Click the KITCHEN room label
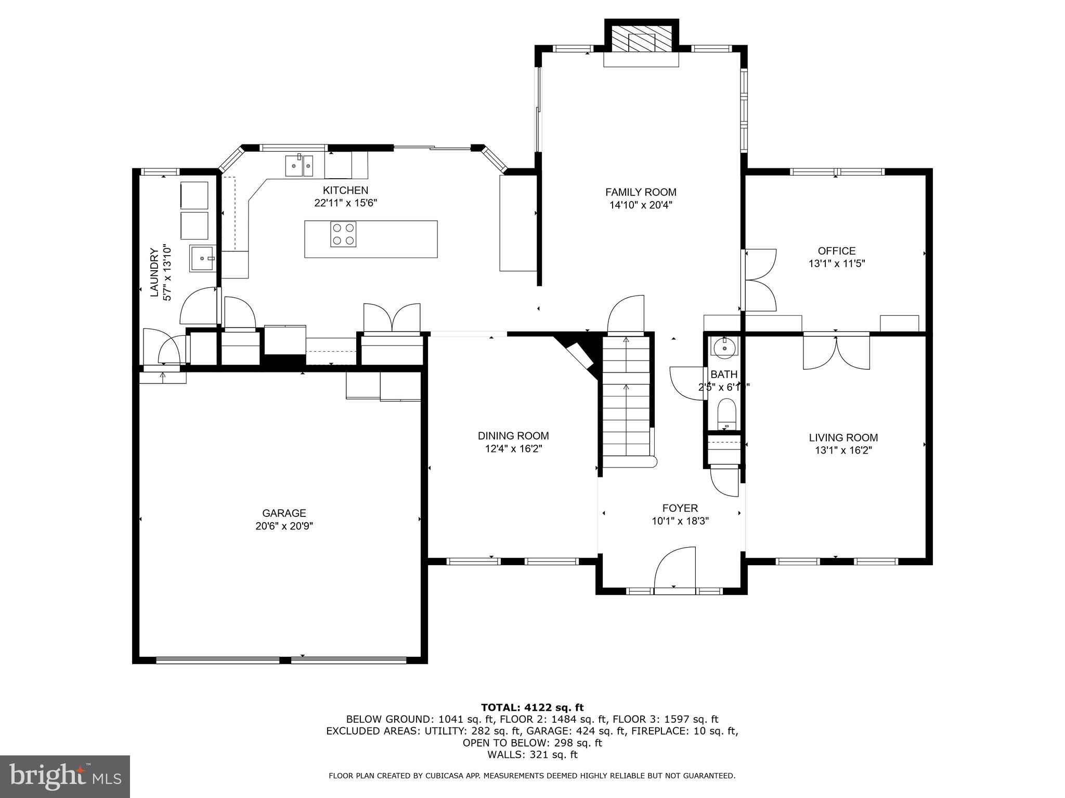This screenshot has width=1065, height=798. coord(345,190)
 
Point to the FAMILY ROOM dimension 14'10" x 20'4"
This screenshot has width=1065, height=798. coord(641,205)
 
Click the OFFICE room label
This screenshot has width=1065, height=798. coord(836,251)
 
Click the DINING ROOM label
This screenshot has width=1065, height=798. coord(513,436)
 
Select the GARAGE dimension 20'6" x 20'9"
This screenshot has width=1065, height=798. coord(284,526)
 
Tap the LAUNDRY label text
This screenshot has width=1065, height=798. coord(154,273)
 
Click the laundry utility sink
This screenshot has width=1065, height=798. coord(202,258)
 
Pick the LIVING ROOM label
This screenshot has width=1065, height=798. coord(843,438)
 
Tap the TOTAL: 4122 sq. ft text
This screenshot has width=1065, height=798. coord(532,708)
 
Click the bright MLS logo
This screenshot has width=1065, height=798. coord(65,777)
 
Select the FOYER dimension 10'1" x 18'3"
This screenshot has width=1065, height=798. coord(680,521)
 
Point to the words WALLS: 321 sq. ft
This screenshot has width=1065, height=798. coord(532,754)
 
